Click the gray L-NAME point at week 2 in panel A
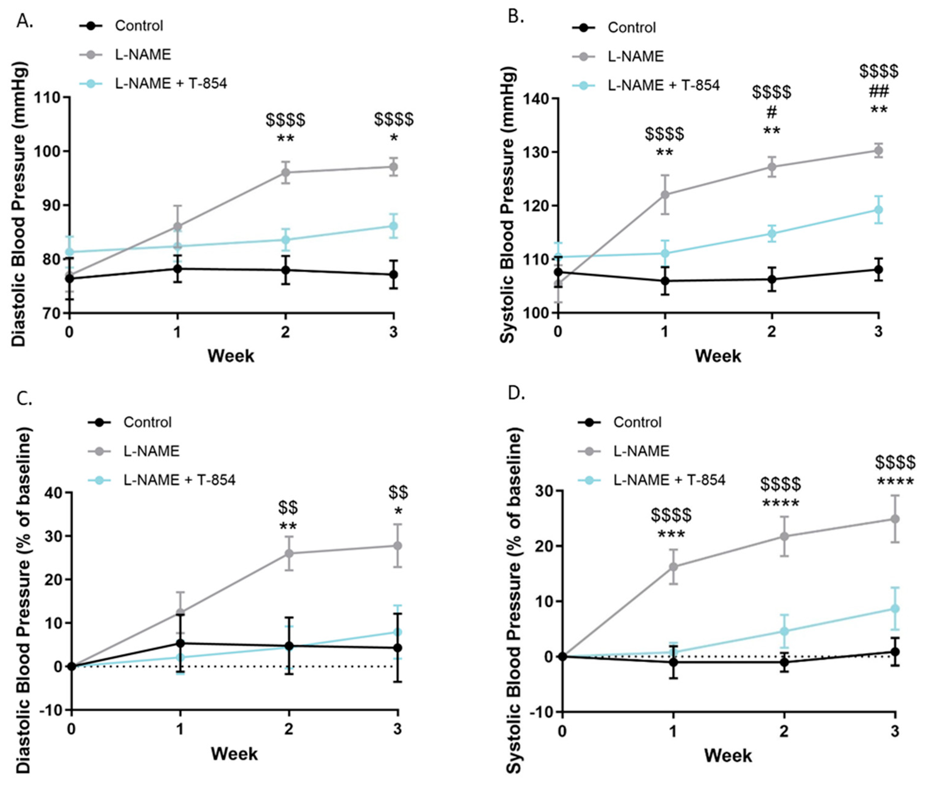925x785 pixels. pyautogui.click(x=285, y=172)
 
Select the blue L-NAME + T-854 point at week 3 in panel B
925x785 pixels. pyautogui.click(x=878, y=210)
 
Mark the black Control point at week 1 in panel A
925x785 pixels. pyautogui.click(x=177, y=268)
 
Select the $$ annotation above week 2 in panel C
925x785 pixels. pyautogui.click(x=288, y=507)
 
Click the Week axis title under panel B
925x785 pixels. pyautogui.click(x=718, y=356)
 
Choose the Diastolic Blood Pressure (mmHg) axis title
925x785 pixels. pyautogui.click(x=19, y=204)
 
